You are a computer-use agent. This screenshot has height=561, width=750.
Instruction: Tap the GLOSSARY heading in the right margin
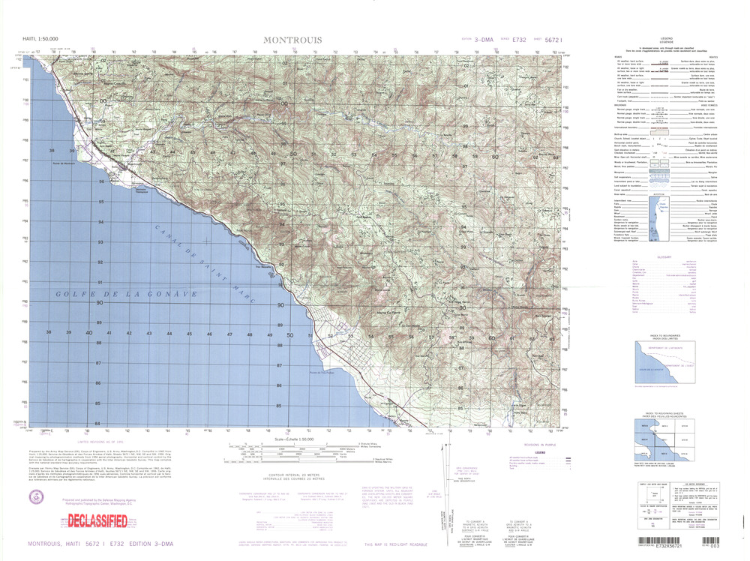point(664,256)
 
